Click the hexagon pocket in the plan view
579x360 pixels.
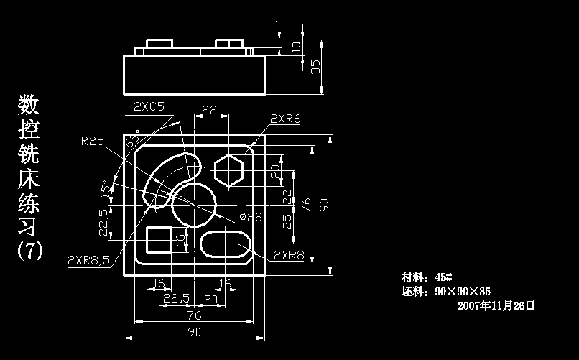(230, 171)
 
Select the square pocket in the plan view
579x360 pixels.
(159, 241)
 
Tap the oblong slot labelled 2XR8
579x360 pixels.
(225, 245)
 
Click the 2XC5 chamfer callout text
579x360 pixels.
(149, 106)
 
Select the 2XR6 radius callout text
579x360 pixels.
(285, 119)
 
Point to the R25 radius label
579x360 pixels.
(93, 141)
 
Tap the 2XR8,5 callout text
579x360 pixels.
(88, 260)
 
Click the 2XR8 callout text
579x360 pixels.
(289, 255)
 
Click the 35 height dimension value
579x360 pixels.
(316, 67)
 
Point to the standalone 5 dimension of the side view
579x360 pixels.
(272, 19)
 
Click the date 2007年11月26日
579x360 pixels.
(496, 305)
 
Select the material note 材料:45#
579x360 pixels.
(426, 277)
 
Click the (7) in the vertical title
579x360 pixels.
(29, 251)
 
